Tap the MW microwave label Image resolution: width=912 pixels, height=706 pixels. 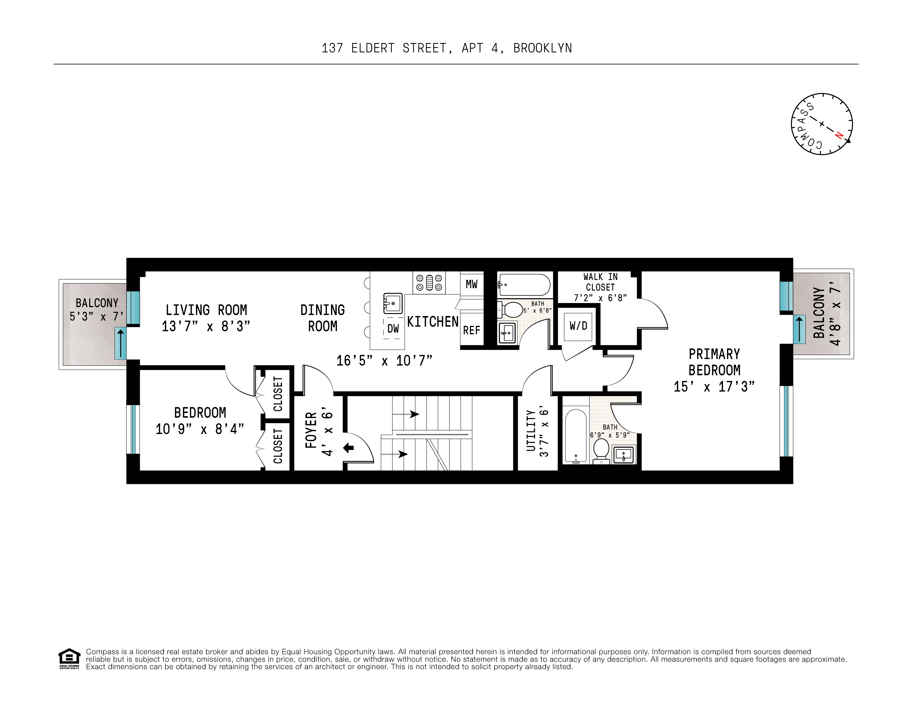pos(472,284)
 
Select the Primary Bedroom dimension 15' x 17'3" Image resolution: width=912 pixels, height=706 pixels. pos(714,386)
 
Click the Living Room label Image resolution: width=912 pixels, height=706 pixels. pos(206,310)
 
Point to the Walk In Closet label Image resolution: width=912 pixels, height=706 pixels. pos(600,282)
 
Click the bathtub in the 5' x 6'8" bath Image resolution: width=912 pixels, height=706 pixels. pos(524,285)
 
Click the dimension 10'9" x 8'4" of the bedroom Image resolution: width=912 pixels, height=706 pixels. pos(200,429)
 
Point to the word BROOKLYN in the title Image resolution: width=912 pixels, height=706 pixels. pos(542,48)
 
